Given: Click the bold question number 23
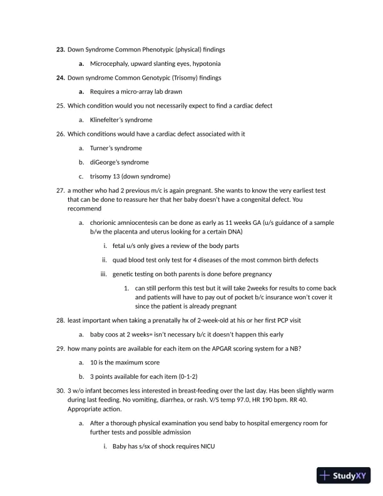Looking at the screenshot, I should click(x=61, y=49).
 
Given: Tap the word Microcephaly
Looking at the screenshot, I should click(x=111, y=63).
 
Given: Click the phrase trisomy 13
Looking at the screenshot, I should click(x=107, y=176).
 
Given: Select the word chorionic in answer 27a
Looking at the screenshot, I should click(x=105, y=222).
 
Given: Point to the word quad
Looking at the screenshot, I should click(x=121, y=260).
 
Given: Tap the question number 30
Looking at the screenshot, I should click(x=61, y=391).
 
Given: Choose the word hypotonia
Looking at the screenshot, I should click(x=205, y=63).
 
